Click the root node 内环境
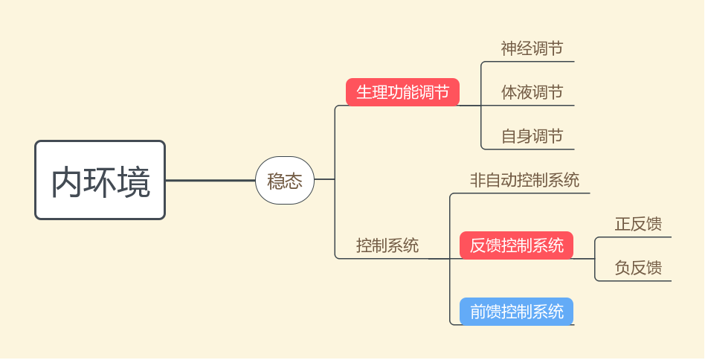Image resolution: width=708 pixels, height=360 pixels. pyautogui.click(x=100, y=181)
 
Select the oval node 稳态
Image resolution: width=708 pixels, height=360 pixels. pyautogui.click(x=285, y=181)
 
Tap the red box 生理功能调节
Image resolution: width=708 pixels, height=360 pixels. pyautogui.click(x=402, y=92)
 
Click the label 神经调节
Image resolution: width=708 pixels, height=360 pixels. pyautogui.click(x=532, y=49)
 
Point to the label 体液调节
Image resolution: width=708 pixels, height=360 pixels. pyautogui.click(x=532, y=93)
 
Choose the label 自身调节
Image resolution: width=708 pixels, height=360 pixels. pyautogui.click(x=532, y=136)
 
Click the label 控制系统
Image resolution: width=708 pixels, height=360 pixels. pyautogui.click(x=387, y=245)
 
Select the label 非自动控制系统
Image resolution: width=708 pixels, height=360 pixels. pyautogui.click(x=524, y=180)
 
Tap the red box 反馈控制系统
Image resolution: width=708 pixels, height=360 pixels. pyautogui.click(x=517, y=245)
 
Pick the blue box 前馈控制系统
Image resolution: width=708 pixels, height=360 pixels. pyautogui.click(x=517, y=311)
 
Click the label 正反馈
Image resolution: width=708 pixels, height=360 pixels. pyautogui.click(x=638, y=224)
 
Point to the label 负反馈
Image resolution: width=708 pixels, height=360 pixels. pyautogui.click(x=638, y=268)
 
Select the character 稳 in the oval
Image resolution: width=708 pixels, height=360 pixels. pyautogui.click(x=276, y=181)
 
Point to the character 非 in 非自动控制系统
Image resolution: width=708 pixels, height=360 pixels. pyautogui.click(x=477, y=180)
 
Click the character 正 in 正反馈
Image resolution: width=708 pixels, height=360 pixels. pyautogui.click(x=623, y=224)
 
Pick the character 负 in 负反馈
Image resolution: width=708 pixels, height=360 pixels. pyautogui.click(x=623, y=268)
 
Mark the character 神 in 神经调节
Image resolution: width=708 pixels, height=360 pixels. pyautogui.click(x=509, y=49)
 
